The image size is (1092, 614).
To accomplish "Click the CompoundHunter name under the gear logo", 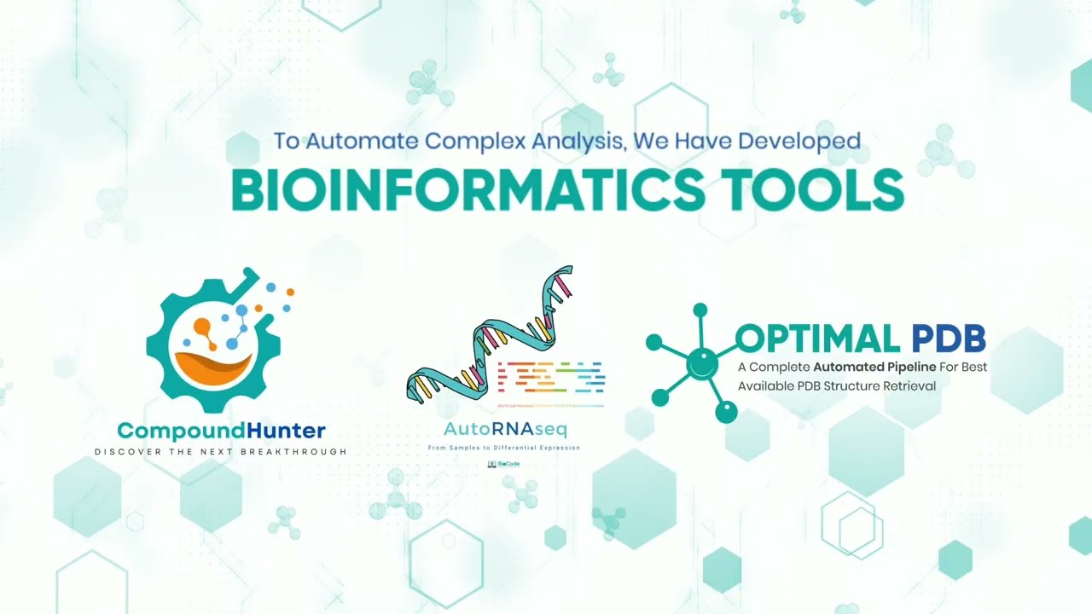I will pos(221,431).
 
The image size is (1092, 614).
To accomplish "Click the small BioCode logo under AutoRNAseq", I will pos(504,465).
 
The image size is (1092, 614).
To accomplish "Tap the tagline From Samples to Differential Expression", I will pos(504,448).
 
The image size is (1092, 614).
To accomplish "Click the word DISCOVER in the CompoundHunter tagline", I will pos(119,451).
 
